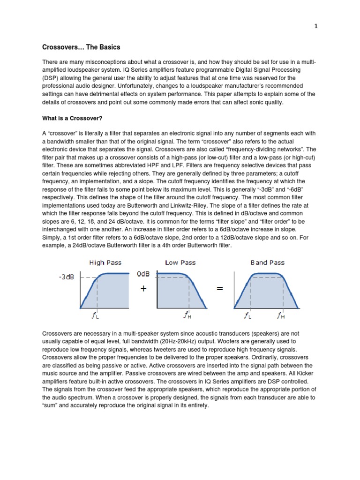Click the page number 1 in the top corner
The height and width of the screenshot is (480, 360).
(316, 27)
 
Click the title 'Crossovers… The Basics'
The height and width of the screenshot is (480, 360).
(81, 47)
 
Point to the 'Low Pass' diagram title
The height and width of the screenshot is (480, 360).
(180, 262)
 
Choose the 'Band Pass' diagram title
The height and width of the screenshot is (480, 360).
(267, 262)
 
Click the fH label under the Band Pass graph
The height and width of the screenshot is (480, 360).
(281, 316)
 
